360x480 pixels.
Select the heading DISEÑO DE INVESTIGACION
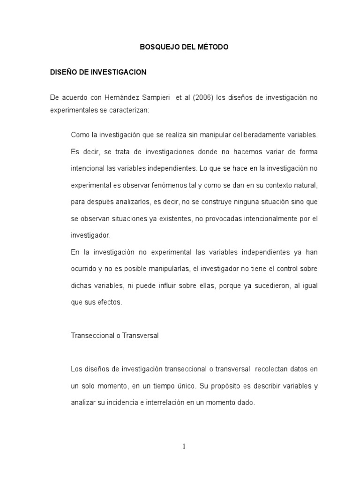point(98,72)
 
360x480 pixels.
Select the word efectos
point(109,302)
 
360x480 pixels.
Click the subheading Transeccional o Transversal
point(115,336)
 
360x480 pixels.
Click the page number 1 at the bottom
point(184,446)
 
